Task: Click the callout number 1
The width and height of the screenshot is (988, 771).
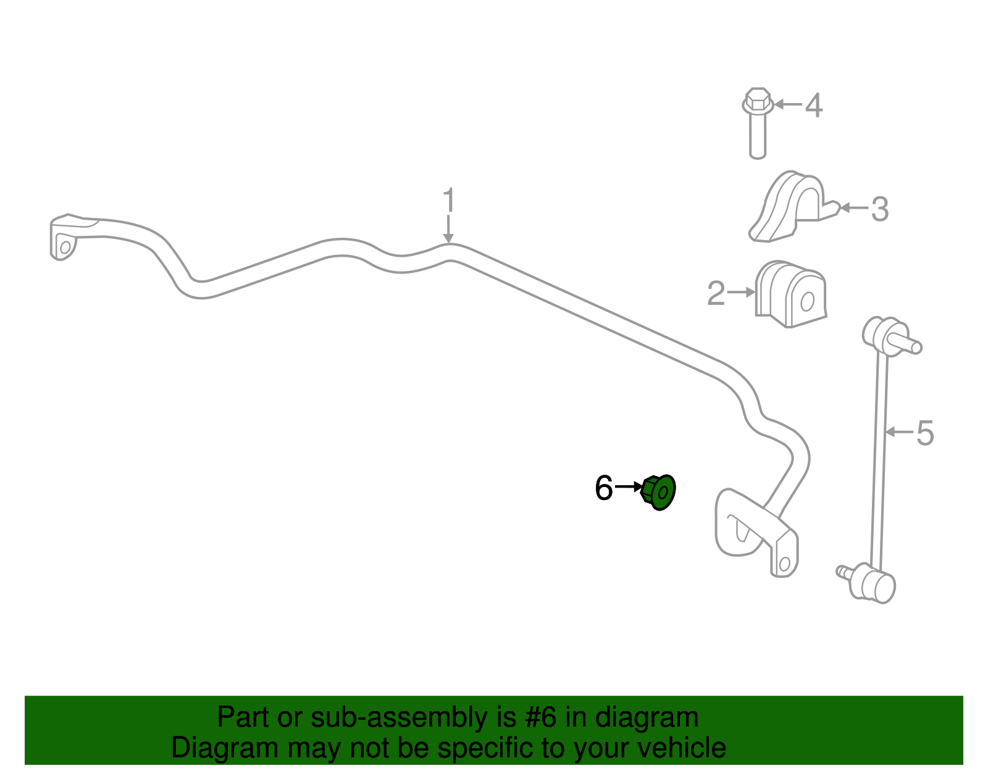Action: click(449, 200)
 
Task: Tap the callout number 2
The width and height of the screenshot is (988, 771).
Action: click(716, 293)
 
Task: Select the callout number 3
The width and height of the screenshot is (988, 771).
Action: click(880, 209)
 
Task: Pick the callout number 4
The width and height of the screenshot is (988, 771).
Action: click(814, 106)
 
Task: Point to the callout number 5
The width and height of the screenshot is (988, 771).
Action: click(925, 433)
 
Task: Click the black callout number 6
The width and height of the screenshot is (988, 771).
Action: click(604, 488)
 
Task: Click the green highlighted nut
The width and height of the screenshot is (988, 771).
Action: click(658, 492)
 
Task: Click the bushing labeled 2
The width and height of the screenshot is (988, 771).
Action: click(790, 294)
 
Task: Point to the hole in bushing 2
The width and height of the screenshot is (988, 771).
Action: click(807, 302)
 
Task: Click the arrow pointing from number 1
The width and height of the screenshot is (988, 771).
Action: click(448, 229)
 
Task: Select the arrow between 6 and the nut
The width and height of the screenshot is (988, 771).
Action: click(629, 487)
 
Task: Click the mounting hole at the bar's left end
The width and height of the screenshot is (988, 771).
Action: click(65, 248)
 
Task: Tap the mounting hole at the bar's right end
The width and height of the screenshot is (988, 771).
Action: click(784, 564)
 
